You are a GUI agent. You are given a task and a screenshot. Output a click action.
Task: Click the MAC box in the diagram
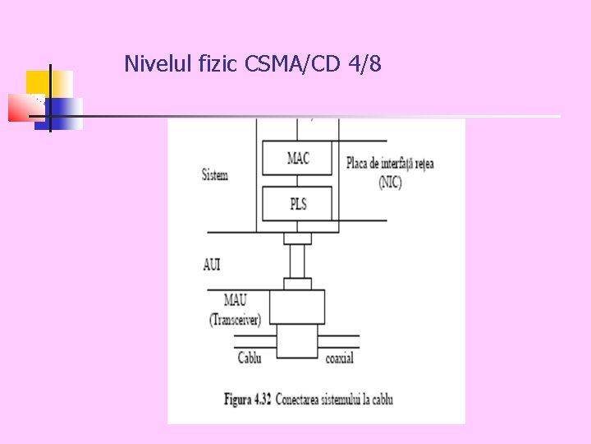pyautogui.click(x=298, y=158)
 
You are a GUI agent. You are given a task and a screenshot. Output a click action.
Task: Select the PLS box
pyautogui.click(x=298, y=203)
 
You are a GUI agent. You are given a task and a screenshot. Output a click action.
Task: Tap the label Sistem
pyautogui.click(x=215, y=175)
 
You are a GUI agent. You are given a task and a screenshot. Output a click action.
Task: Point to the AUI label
pyautogui.click(x=212, y=265)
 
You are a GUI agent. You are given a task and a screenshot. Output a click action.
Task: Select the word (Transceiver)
pyautogui.click(x=235, y=319)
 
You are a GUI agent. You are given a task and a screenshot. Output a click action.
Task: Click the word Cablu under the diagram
pyautogui.click(x=250, y=358)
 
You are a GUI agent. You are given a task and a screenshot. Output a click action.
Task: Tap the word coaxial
pyautogui.click(x=340, y=358)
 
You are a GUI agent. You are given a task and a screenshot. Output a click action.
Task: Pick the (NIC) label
pyautogui.click(x=390, y=183)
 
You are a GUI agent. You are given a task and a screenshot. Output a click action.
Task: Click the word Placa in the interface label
pyautogui.click(x=360, y=163)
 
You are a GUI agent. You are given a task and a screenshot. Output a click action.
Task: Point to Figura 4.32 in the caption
pyautogui.click(x=247, y=400)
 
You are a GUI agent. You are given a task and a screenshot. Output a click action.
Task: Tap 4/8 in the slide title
pyautogui.click(x=364, y=63)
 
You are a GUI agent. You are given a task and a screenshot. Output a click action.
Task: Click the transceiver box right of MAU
pyautogui.click(x=297, y=307)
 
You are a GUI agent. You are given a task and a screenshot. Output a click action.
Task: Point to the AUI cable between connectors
pyautogui.click(x=297, y=261)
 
